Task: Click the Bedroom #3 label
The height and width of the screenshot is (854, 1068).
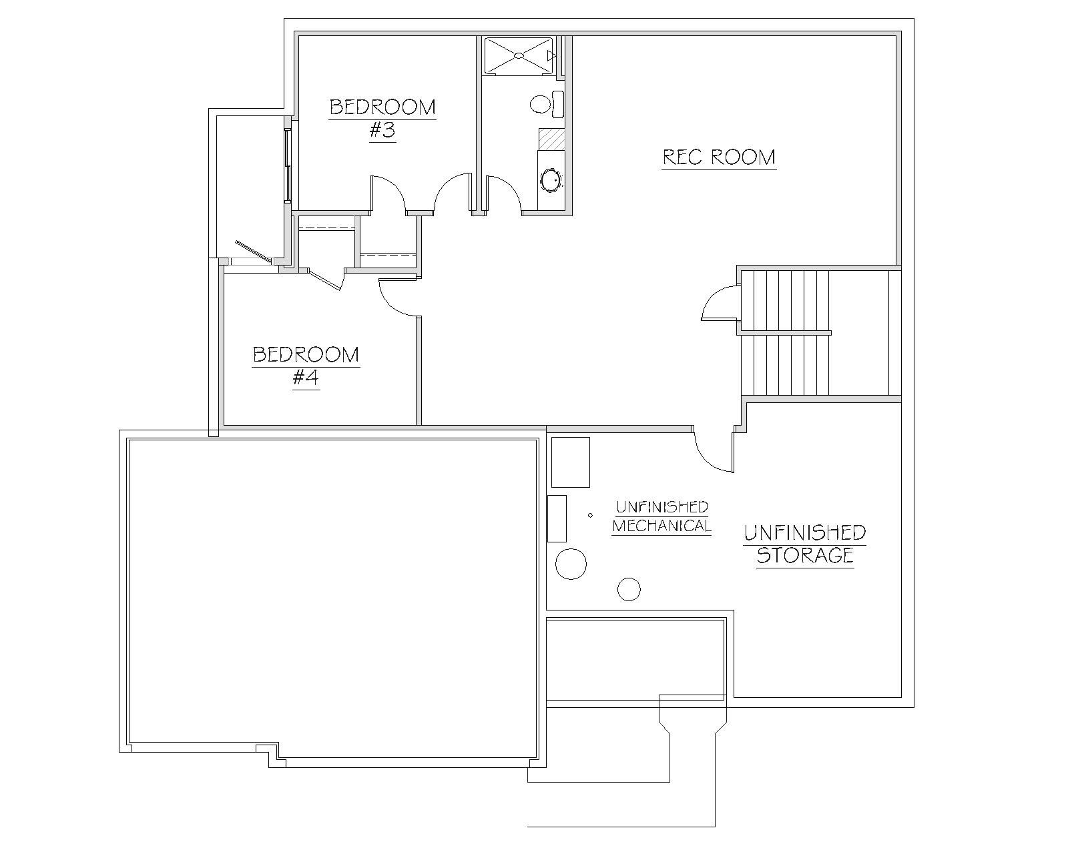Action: pos(382,119)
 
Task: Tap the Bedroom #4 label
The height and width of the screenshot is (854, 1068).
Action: pos(306,366)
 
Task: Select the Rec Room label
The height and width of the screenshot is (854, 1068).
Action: pos(719,158)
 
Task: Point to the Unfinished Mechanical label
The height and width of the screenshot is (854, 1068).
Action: pos(661,516)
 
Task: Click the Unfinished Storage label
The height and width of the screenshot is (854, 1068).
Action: pos(804,544)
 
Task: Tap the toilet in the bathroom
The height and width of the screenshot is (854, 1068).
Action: pos(547,104)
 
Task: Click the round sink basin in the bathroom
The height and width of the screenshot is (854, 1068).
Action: pos(551,180)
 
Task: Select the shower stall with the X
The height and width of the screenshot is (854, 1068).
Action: pos(518,56)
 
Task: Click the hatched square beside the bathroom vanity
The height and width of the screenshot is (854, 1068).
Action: pos(552,139)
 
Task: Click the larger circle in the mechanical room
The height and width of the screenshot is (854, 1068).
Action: pos(571,564)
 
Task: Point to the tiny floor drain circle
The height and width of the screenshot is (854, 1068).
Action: pos(590,515)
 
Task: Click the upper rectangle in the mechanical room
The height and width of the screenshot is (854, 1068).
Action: pos(571,462)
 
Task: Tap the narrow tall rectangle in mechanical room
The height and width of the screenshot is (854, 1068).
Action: pos(557,518)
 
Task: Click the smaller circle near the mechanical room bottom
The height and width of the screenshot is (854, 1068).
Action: pos(629,590)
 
